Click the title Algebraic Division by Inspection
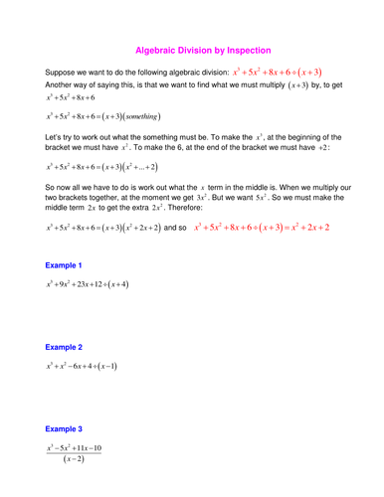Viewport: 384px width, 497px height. coord(202,50)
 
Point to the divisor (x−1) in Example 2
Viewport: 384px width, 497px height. coord(106,368)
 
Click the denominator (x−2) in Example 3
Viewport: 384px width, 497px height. coord(72,459)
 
